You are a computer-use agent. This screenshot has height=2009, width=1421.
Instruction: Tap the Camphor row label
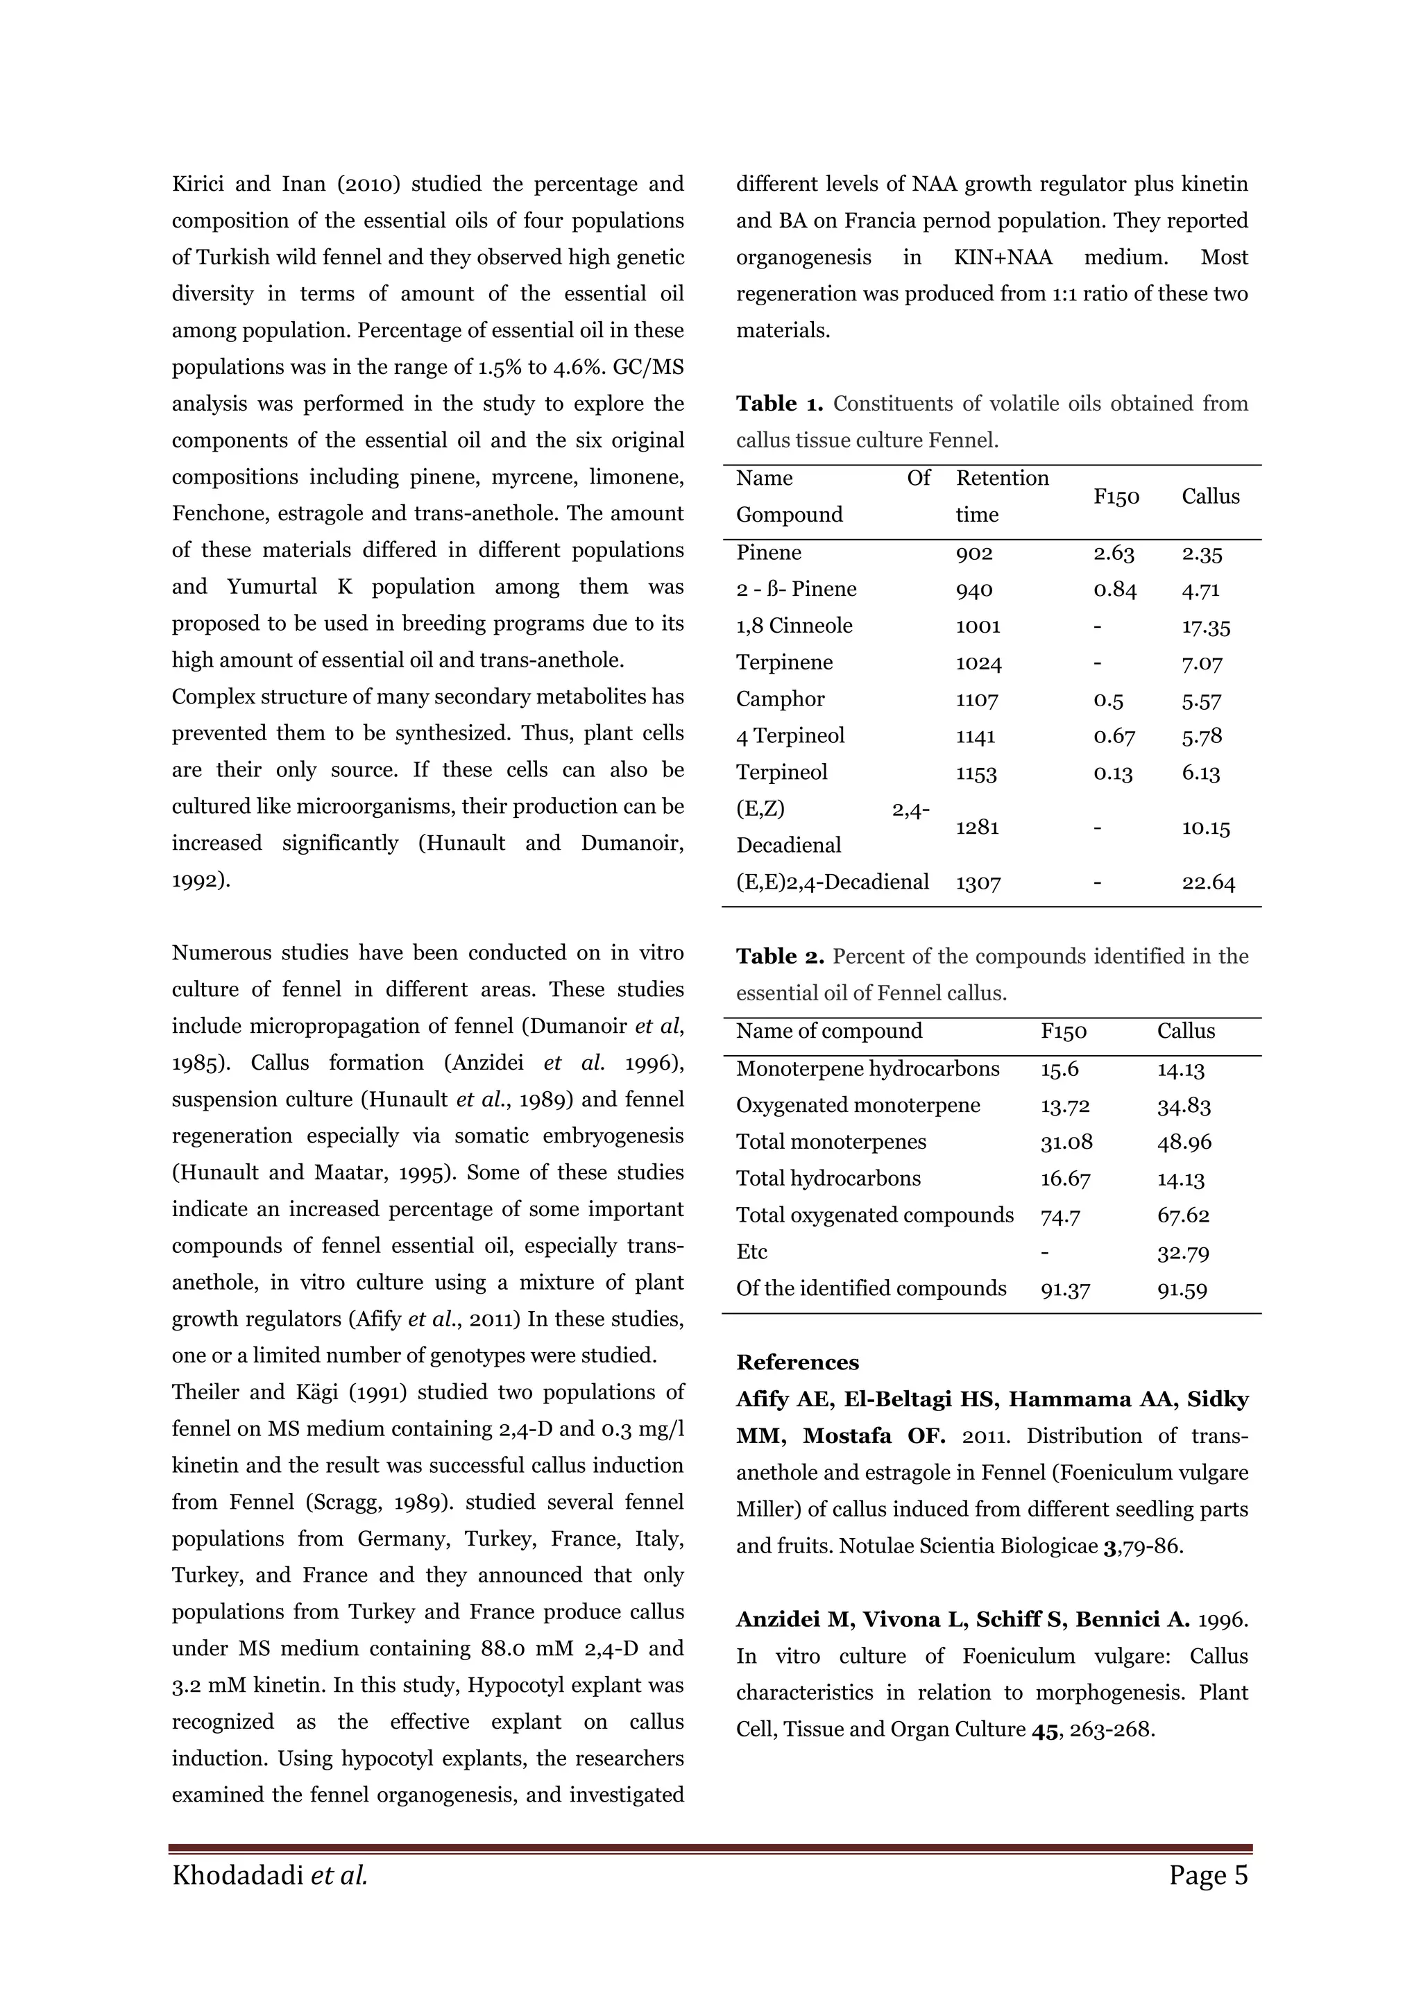point(768,699)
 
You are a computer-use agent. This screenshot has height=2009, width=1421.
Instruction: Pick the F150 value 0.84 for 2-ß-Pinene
point(1114,590)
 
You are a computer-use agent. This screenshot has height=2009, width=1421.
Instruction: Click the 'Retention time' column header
point(1001,496)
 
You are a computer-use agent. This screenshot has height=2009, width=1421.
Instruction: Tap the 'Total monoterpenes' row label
point(831,1142)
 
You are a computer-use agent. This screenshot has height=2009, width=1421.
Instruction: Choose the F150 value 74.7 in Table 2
point(1060,1215)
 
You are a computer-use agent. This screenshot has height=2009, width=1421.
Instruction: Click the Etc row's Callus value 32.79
point(1183,1253)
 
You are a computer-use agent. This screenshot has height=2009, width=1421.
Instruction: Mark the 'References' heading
point(797,1362)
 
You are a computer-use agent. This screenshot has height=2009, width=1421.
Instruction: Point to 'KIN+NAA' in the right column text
point(1003,257)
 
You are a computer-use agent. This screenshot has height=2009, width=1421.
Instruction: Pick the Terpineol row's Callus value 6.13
point(1200,773)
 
